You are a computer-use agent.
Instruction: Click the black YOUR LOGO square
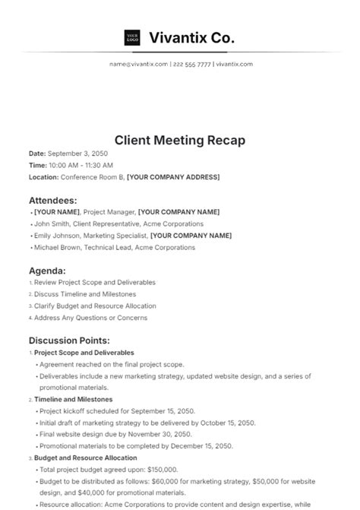point(131,37)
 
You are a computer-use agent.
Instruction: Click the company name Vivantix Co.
point(192,37)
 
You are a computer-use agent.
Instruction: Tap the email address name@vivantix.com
point(138,65)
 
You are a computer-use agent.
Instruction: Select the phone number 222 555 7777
point(191,65)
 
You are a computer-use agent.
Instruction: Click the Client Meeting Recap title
point(180,141)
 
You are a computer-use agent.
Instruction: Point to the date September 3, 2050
point(81,153)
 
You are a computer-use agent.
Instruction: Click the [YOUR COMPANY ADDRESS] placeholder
point(173,177)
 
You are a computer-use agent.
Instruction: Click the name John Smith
point(52,224)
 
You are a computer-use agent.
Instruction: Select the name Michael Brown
point(58,249)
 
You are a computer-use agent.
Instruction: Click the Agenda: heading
point(47,271)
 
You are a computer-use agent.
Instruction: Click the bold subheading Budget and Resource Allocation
point(86,458)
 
